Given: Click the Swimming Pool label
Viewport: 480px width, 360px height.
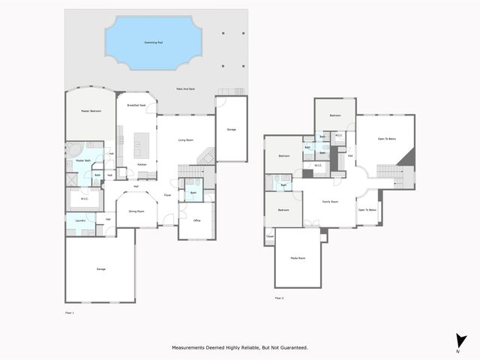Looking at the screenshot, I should (154, 42).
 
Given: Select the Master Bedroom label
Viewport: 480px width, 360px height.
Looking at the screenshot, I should (91, 111).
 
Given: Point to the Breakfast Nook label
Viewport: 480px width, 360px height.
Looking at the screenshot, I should (136, 105).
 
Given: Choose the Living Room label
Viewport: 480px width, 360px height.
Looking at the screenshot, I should (186, 140).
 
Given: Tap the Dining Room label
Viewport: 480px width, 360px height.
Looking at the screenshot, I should (136, 212).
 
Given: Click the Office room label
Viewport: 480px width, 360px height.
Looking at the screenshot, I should (196, 220).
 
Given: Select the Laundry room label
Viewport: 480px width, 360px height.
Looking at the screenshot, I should (80, 220).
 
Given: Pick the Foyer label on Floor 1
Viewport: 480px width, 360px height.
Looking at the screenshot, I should (166, 196).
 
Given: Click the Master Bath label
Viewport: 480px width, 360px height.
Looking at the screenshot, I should (84, 160).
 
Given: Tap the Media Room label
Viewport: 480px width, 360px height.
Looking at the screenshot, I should (298, 258).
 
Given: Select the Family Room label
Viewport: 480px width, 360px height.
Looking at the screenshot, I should (330, 202).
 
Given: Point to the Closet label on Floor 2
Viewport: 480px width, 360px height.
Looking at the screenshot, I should (270, 236).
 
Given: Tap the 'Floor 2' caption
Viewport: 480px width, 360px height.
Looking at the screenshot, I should (279, 298).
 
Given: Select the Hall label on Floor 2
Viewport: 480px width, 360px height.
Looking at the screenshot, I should (350, 156).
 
